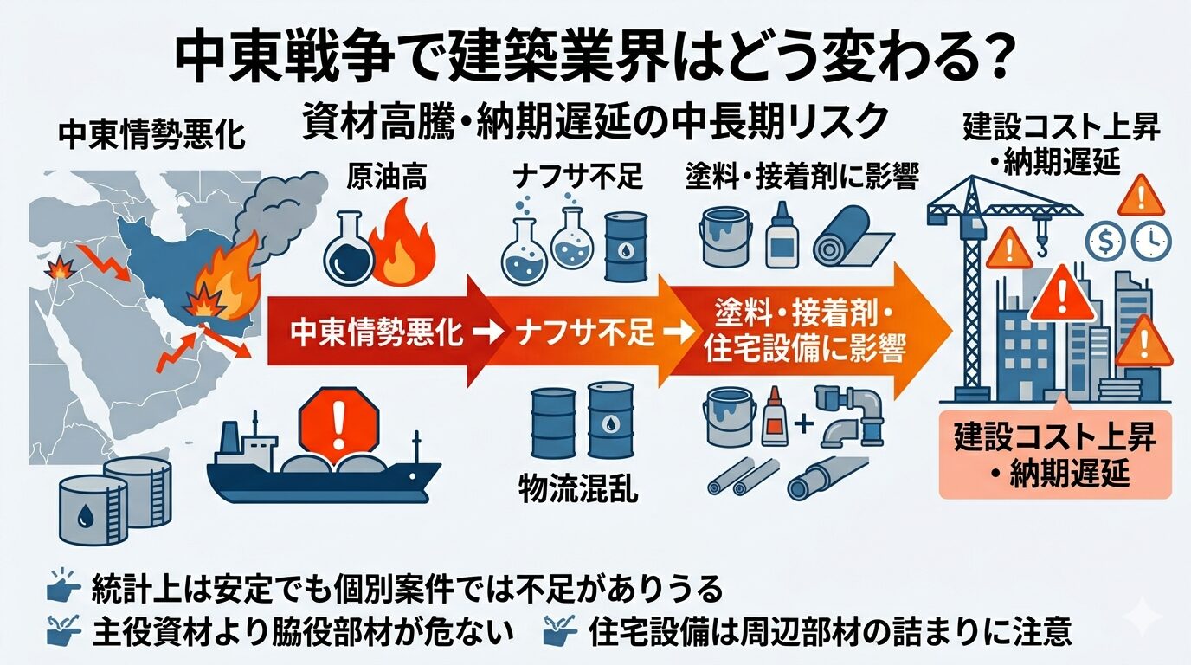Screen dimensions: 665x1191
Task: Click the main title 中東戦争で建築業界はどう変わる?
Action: [x=595, y=58]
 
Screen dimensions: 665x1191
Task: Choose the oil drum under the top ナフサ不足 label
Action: [x=625, y=248]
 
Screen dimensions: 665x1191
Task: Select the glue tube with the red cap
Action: [x=773, y=416]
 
